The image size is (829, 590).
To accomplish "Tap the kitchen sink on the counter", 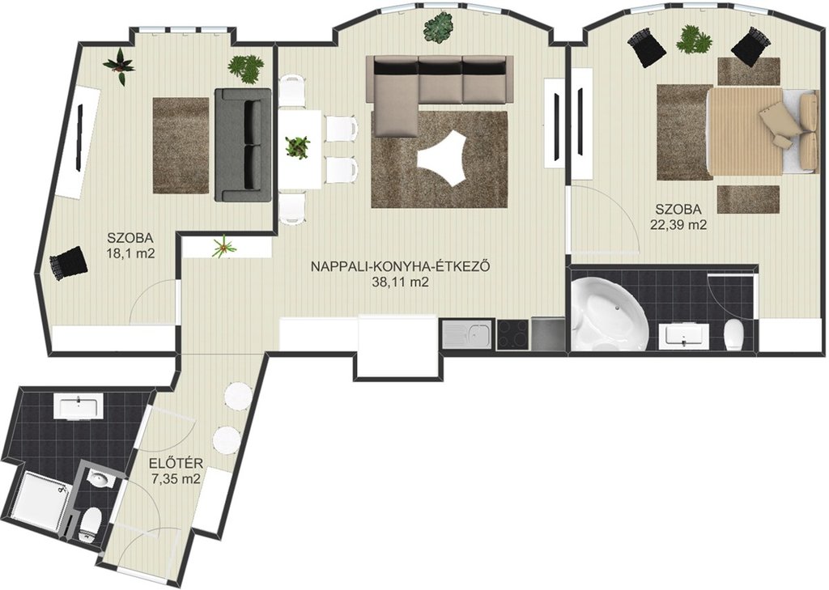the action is coord(468,334).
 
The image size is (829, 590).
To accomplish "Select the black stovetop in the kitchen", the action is coord(512,334).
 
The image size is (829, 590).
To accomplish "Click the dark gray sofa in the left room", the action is coord(243,145).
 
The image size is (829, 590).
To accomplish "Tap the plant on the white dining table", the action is coord(298,146).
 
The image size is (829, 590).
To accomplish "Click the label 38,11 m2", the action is coord(400,282).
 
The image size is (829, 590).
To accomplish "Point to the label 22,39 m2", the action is coord(678,225).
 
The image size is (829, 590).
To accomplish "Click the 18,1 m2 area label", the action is coord(130,253).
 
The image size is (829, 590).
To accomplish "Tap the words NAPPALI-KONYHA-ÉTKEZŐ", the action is coord(400,266).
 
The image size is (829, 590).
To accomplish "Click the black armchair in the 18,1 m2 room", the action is coord(68,261).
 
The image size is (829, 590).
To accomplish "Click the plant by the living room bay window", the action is coord(438,27).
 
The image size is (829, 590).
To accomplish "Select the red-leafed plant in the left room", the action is coord(120,66).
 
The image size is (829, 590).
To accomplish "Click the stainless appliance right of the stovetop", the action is coord(547,333).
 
